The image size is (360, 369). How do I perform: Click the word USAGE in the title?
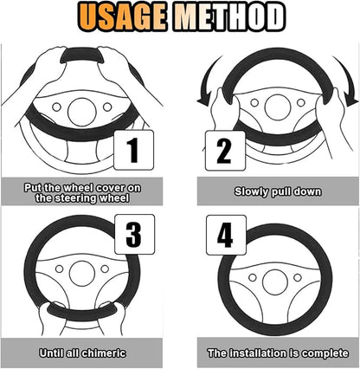click(x=123, y=16)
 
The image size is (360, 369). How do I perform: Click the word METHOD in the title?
click(x=229, y=16)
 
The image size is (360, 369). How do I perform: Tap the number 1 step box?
click(x=134, y=150)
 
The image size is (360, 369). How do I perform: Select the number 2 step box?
click(x=225, y=151)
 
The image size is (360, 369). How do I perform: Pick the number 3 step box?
click(x=135, y=234)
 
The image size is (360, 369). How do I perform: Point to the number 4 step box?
click(x=226, y=235)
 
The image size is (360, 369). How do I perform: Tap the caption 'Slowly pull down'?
click(x=278, y=191)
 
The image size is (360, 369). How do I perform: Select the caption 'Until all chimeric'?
click(x=82, y=353)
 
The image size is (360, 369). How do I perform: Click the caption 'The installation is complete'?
click(x=278, y=353)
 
